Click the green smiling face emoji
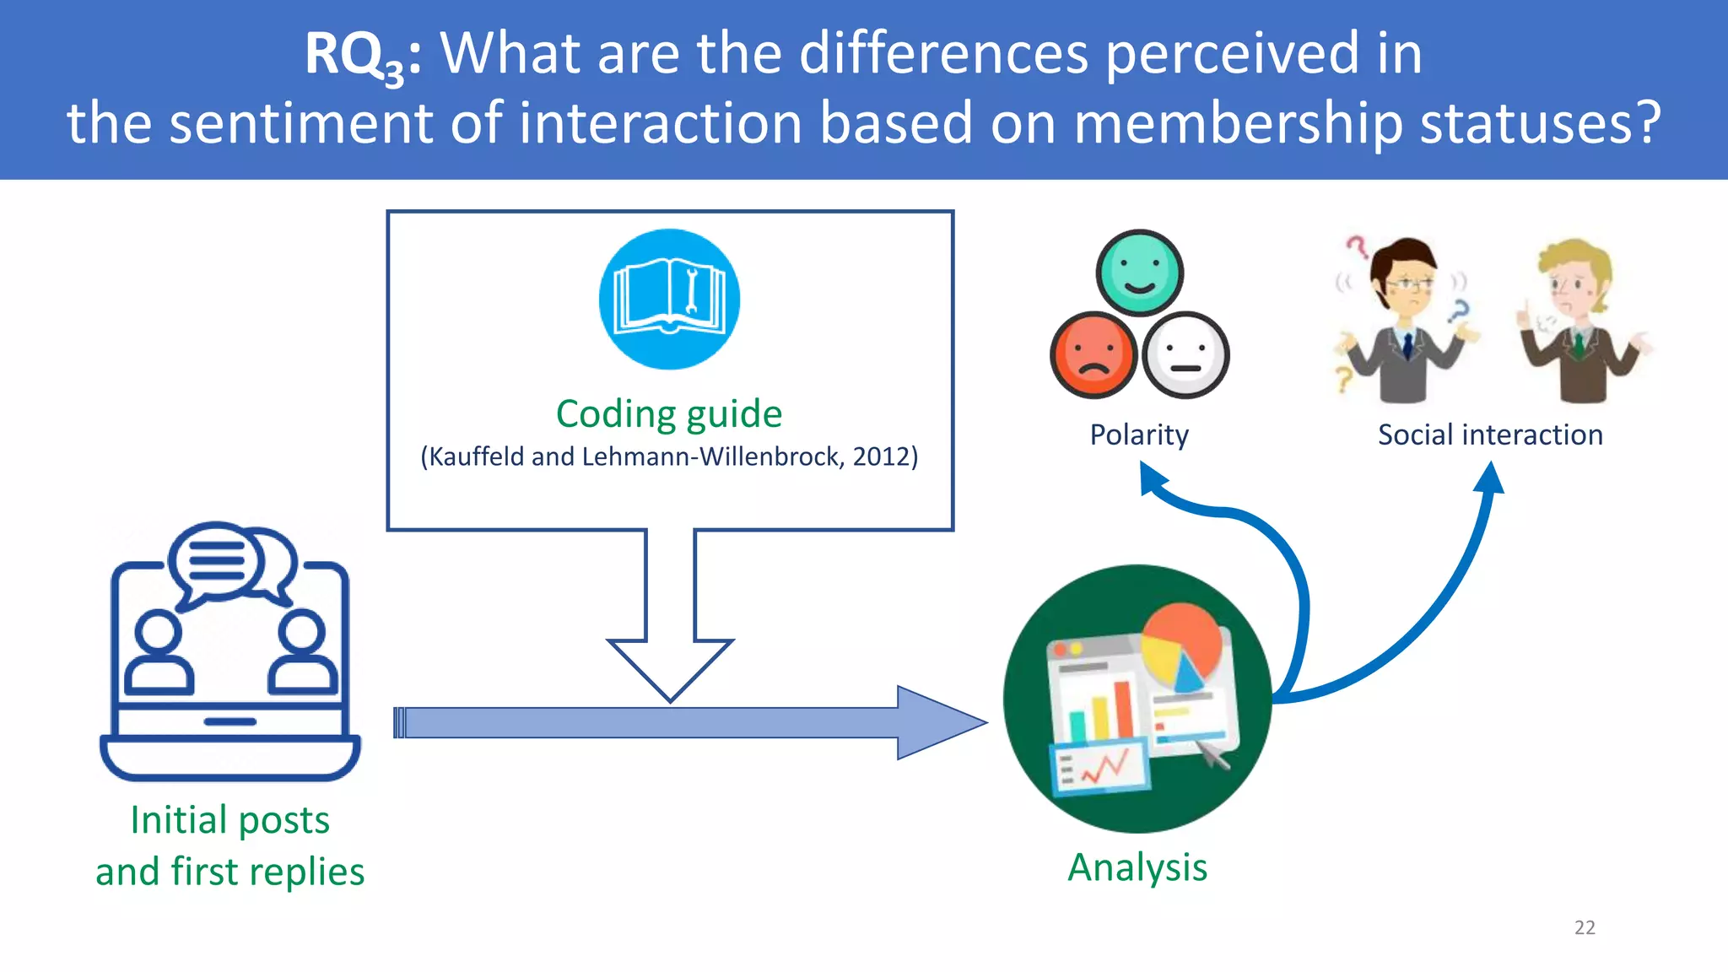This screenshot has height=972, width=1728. click(1139, 273)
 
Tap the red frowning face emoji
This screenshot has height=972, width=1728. click(1093, 354)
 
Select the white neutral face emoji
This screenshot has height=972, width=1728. click(1185, 354)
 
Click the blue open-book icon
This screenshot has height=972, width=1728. click(669, 300)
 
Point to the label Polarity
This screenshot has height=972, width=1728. click(1139, 435)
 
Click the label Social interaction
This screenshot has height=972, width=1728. click(1490, 435)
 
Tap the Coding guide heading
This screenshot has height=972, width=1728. click(669, 413)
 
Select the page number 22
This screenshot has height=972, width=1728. click(1585, 927)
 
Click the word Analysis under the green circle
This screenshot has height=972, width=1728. click(1137, 867)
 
